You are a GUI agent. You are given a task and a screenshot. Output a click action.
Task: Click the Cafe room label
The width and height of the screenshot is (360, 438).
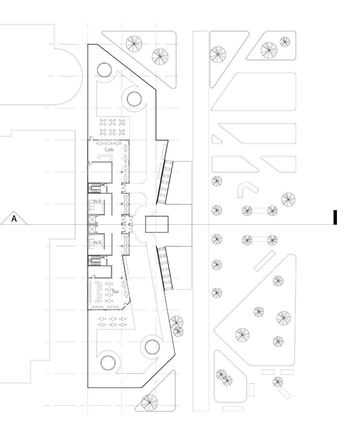109,149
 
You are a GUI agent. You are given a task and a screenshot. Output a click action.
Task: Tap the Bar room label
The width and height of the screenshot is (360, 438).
116,292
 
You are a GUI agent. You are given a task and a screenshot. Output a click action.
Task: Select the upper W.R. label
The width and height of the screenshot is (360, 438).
98,202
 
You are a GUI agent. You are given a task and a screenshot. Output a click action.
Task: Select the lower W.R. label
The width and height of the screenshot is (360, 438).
98,242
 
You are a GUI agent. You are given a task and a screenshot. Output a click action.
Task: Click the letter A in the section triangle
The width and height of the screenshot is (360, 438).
14,219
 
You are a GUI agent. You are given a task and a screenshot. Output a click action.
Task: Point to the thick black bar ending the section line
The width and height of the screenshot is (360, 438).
335,217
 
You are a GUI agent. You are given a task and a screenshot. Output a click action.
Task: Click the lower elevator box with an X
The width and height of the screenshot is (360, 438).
92,229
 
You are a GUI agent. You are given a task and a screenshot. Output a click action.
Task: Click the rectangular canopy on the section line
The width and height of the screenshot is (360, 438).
157,224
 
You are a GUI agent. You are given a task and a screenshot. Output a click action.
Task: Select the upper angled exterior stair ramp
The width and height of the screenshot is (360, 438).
165,182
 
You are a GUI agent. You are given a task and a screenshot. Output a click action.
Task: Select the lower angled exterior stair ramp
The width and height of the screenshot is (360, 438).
165,268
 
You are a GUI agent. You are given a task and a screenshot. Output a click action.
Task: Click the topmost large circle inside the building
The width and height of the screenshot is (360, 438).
104,70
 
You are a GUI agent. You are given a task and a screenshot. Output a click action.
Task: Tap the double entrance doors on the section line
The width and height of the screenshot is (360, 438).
127,224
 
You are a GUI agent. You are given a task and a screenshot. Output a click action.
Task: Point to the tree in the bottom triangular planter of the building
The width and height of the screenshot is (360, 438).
150,402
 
